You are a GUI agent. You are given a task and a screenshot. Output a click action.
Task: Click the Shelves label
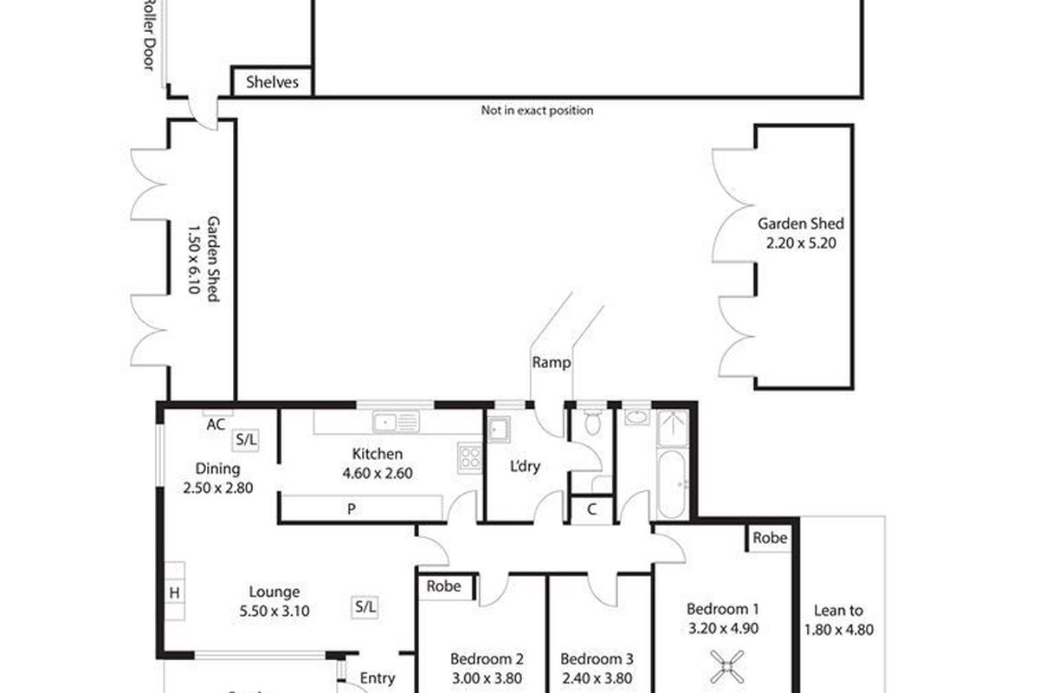coord(273,82)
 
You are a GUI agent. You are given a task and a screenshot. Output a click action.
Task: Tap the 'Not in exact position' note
coord(537,111)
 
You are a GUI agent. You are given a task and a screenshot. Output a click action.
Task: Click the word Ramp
coord(552,363)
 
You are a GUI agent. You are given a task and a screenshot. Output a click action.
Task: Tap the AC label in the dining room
coord(216,424)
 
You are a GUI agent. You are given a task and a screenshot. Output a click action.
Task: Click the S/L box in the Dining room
coord(245,440)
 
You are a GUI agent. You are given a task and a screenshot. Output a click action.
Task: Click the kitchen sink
coord(396,422)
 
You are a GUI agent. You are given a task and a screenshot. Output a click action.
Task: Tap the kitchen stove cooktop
coord(470,457)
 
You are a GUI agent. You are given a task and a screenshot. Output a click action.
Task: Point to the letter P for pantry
coord(352,509)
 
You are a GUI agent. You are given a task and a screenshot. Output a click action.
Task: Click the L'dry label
coord(525,466)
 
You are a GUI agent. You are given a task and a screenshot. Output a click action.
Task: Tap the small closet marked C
coord(591,509)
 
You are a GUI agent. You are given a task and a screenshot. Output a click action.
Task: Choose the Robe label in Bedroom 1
coord(769,538)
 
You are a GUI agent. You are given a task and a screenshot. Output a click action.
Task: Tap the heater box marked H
coord(174,593)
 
